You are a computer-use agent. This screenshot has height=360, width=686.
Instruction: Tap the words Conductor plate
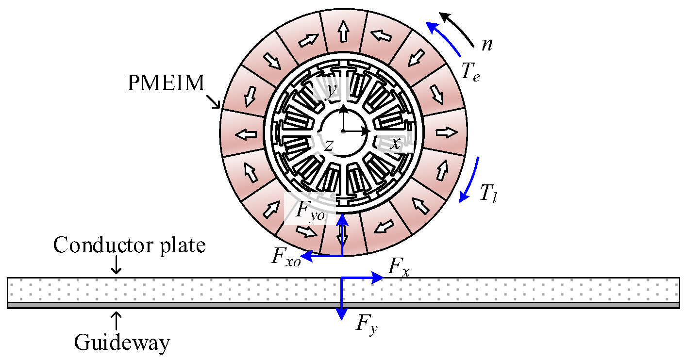(x=129, y=245)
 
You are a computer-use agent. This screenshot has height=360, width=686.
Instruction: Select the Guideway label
(x=122, y=343)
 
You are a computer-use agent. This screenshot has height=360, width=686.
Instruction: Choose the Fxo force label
(x=285, y=258)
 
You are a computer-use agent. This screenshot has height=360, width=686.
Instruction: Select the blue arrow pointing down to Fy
(x=343, y=298)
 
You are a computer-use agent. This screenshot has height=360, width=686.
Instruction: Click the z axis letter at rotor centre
(x=329, y=145)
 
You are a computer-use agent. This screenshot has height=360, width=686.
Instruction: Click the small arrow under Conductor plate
(x=117, y=264)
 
